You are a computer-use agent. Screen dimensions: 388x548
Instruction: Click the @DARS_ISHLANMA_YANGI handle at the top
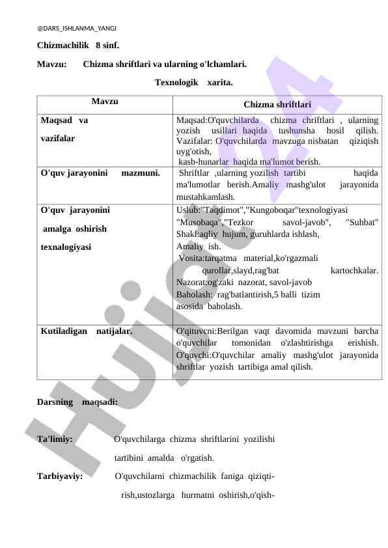coord(77,29)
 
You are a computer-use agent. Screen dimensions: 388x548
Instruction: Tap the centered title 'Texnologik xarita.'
coord(193,83)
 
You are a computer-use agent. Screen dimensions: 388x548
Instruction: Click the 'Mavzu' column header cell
coord(105,102)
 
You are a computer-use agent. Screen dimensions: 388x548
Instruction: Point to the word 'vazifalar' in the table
coord(57,139)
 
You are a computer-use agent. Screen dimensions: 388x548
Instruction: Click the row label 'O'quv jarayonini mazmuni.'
coord(100,174)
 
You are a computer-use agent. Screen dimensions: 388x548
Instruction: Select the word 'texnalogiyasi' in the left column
coord(66,247)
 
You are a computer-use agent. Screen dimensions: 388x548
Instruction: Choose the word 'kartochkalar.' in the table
coord(355,270)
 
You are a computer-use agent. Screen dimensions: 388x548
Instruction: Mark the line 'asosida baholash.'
coord(210,306)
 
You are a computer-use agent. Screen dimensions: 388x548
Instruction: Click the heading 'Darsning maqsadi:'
coord(77,402)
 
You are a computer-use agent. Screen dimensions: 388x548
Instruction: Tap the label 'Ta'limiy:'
coord(55,439)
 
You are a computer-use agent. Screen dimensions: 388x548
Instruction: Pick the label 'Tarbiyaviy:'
coord(59,476)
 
